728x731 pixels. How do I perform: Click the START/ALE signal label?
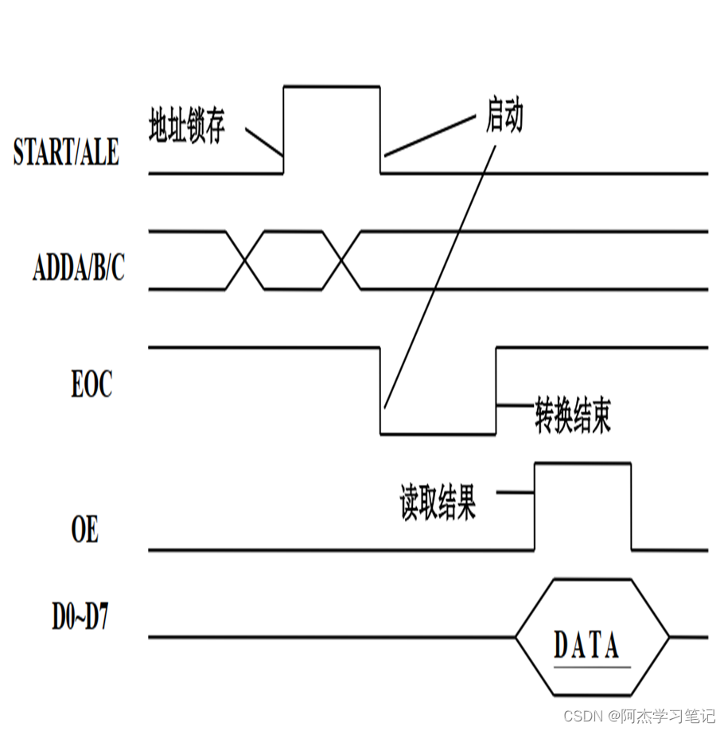(66, 152)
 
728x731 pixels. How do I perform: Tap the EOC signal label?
(91, 385)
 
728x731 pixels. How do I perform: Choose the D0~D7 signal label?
(80, 619)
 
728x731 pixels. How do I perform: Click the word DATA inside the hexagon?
(586, 645)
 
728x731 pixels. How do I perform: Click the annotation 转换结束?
(573, 416)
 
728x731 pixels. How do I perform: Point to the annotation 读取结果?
(438, 503)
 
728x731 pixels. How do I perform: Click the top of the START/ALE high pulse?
(332, 85)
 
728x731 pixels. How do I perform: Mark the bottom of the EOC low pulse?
(438, 434)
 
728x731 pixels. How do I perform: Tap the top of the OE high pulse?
(583, 463)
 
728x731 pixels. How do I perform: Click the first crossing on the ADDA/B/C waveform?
(245, 260)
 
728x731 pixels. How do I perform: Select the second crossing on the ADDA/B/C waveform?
(343, 260)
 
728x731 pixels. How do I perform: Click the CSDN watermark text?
(640, 715)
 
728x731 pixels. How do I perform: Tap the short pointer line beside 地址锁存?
(264, 142)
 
